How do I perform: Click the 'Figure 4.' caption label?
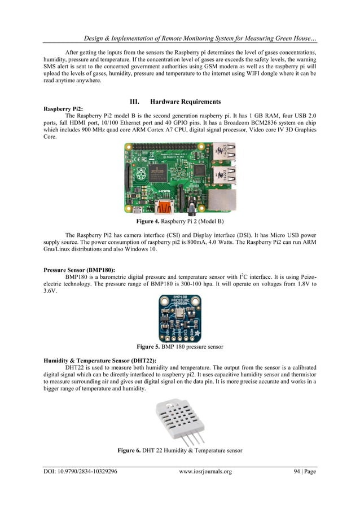(143, 221)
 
